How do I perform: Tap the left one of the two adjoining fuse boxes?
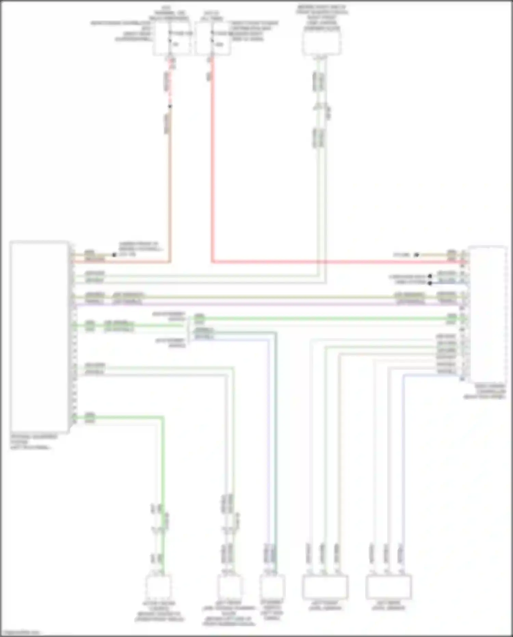[171, 38]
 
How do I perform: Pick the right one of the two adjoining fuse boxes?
[213, 38]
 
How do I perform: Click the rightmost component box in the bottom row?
[388, 587]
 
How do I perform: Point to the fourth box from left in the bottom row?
[325, 587]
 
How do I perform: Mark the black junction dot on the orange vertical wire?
[170, 106]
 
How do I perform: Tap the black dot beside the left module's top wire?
[114, 255]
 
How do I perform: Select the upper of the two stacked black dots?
[430, 276]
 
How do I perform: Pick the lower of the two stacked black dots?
[430, 283]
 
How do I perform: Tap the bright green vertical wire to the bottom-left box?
[163, 496]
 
